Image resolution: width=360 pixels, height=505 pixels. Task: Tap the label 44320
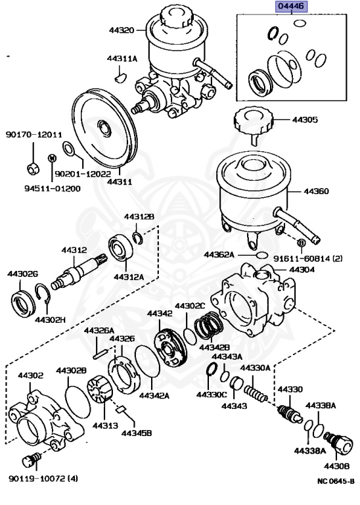tap(121, 30)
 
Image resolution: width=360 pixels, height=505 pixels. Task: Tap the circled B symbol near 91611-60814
tap(301, 243)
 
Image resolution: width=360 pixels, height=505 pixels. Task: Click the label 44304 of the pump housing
tap(302, 270)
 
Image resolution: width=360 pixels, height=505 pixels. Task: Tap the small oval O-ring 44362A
tap(261, 253)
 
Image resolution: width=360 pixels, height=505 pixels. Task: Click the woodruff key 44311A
tap(119, 78)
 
